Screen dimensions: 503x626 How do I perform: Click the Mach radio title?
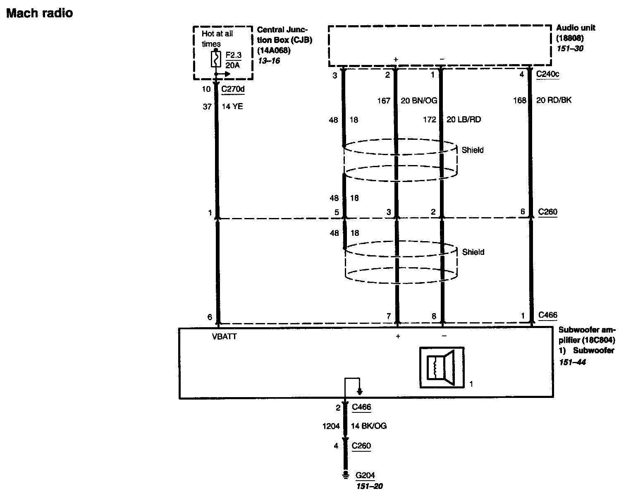click(40, 13)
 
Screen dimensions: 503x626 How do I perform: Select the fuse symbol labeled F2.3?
click(215, 59)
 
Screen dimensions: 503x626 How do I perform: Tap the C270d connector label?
click(233, 89)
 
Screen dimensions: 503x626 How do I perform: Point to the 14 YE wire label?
click(233, 107)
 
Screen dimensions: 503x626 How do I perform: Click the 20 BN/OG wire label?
click(419, 101)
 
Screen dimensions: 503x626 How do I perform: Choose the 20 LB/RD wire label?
click(464, 120)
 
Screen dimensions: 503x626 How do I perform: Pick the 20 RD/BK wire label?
click(554, 100)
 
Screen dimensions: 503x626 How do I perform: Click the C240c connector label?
click(547, 74)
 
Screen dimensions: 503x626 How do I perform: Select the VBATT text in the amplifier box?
click(225, 337)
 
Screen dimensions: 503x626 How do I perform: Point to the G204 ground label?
click(365, 476)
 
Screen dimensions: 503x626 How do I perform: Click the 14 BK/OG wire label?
click(369, 426)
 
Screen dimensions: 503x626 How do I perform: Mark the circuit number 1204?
click(331, 426)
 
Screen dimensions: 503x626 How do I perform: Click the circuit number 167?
click(384, 101)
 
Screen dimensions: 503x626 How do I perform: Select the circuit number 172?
click(429, 120)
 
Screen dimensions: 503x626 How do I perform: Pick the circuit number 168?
click(519, 100)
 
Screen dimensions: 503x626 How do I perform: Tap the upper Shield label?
click(473, 150)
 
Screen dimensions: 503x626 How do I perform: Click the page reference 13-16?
click(269, 61)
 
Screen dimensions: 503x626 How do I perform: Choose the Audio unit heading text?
click(576, 28)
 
